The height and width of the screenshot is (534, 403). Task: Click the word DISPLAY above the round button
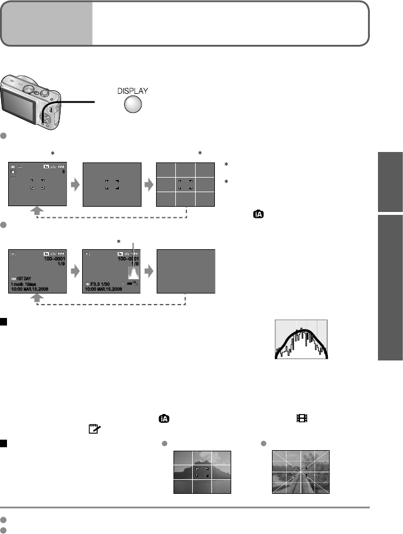point(128,91)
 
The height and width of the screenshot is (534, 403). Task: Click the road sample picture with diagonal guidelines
point(301,472)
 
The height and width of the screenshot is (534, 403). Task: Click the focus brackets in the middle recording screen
point(112,185)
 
